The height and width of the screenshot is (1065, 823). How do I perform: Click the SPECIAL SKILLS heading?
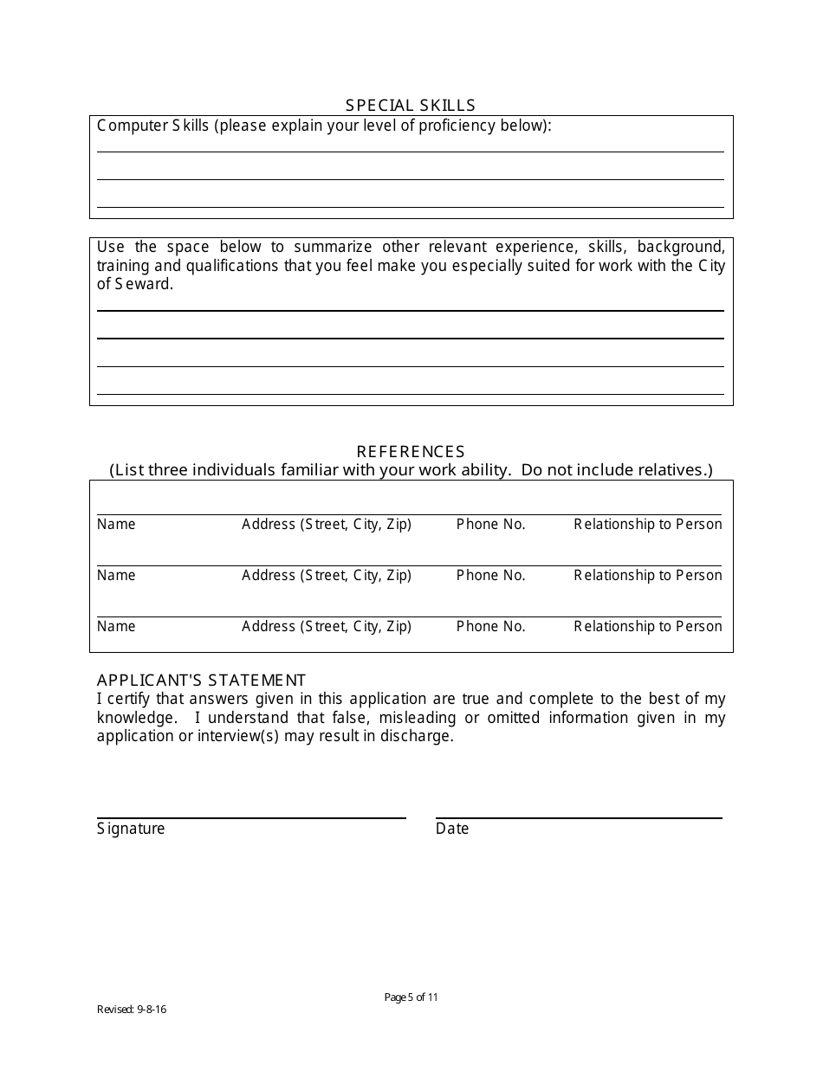(411, 106)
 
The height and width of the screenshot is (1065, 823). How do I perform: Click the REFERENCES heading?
(411, 452)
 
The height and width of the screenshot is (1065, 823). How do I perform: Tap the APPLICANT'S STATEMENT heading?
(201, 681)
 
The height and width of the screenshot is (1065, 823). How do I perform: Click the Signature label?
(131, 829)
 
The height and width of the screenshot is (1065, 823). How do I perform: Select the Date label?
(452, 829)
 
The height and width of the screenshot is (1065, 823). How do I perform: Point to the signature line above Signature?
(251, 817)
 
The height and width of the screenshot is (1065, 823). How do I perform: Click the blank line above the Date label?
(579, 817)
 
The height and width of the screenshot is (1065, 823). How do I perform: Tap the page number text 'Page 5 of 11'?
(411, 997)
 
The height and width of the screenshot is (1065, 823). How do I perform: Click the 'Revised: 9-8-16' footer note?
(132, 1010)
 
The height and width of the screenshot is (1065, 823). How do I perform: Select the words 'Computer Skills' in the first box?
(153, 126)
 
